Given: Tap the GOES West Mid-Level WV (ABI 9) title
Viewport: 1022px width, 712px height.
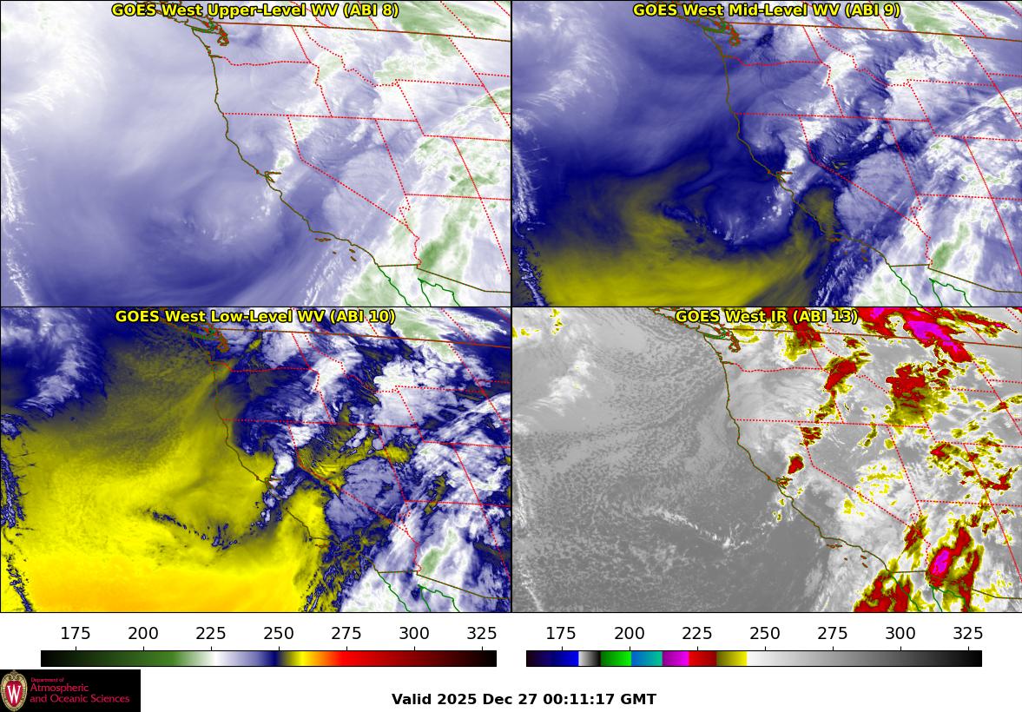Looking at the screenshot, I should pyautogui.click(x=766, y=10).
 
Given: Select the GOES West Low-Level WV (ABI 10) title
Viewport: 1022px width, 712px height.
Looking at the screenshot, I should pyautogui.click(x=254, y=317).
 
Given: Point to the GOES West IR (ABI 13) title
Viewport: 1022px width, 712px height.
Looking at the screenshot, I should pyautogui.click(x=766, y=317).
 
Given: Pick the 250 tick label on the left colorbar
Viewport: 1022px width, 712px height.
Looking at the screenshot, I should pyautogui.click(x=279, y=633).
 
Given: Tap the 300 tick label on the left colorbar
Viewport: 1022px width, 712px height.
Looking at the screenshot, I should pyautogui.click(x=414, y=633).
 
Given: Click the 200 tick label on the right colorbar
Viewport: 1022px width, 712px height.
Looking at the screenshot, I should pyautogui.click(x=630, y=633).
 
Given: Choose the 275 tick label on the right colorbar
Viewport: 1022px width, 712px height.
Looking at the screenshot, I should pyautogui.click(x=833, y=633).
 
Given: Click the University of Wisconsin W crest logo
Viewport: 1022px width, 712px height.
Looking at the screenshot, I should pyautogui.click(x=14, y=691).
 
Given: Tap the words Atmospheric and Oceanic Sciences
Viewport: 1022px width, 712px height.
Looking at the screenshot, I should pyautogui.click(x=80, y=694).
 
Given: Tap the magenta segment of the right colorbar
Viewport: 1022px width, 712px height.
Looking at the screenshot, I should pyautogui.click(x=676, y=658).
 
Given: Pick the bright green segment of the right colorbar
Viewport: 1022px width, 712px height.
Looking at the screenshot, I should pyautogui.click(x=616, y=658).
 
